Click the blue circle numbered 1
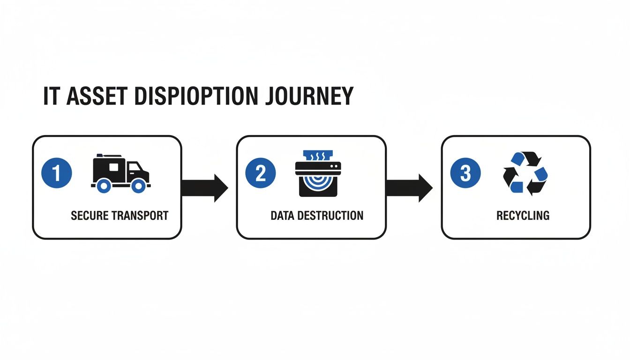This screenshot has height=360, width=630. [x=57, y=173]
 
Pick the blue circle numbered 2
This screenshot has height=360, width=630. [x=261, y=173]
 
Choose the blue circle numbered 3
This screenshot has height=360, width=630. [x=465, y=173]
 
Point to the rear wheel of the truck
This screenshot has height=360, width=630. [x=104, y=186]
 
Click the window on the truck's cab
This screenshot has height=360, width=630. [x=134, y=167]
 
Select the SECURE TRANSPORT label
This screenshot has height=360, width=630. [x=120, y=216]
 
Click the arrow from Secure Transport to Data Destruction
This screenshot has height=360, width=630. [x=204, y=188]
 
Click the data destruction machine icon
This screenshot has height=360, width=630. [x=318, y=173]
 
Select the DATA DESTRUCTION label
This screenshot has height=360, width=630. [x=317, y=216]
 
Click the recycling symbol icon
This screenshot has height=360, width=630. [x=525, y=173]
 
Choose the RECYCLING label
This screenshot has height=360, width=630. [x=523, y=216]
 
